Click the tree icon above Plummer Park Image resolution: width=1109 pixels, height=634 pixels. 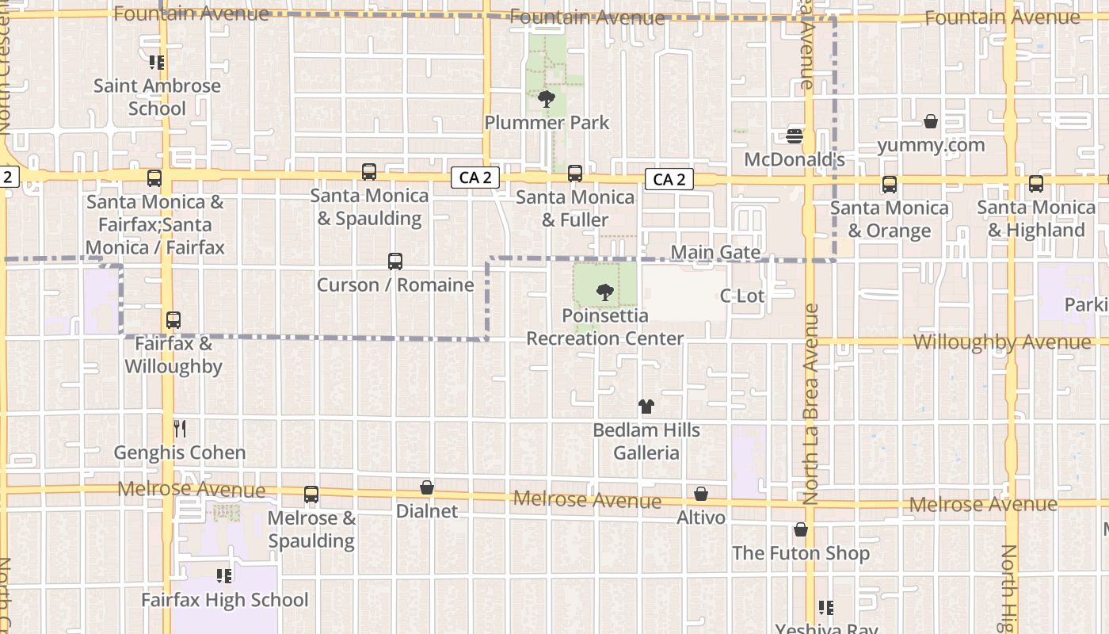click(546, 99)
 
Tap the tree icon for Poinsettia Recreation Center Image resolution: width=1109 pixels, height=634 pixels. click(605, 292)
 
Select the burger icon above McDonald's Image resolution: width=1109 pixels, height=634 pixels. click(795, 136)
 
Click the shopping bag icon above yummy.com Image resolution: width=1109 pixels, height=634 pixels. click(931, 121)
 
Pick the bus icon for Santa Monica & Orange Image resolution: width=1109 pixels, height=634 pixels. click(890, 185)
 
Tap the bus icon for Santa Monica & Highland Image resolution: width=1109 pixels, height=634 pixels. click(1035, 184)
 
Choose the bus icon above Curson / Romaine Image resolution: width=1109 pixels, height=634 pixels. click(394, 262)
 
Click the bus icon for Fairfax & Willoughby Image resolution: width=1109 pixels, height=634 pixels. click(173, 321)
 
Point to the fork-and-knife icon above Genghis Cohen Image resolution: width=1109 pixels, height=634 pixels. click(180, 429)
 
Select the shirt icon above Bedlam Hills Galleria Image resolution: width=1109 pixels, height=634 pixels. click(646, 407)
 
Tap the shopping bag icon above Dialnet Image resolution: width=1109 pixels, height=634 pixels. click(427, 487)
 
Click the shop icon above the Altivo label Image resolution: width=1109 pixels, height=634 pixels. click(701, 495)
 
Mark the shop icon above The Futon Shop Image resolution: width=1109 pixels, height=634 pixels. click(801, 529)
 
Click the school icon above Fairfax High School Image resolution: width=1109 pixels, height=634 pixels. click(224, 576)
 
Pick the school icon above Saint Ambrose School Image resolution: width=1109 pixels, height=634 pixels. click(157, 62)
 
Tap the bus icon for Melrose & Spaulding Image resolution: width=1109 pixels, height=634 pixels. click(311, 495)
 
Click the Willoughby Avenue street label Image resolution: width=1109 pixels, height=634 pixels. click(1001, 342)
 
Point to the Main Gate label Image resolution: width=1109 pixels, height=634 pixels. click(715, 253)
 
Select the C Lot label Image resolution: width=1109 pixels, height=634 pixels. click(741, 296)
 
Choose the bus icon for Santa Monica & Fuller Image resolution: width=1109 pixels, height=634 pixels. click(575, 174)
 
